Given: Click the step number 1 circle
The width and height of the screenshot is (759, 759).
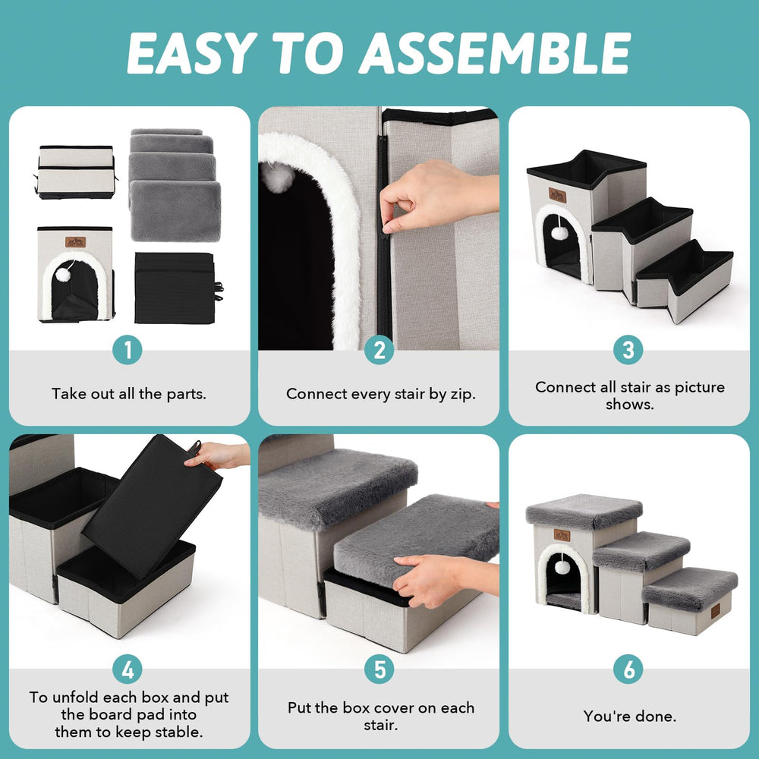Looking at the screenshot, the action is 128,350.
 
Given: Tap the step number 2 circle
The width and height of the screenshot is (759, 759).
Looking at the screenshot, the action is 379,350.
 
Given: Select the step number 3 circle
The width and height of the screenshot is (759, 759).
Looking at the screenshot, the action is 628,350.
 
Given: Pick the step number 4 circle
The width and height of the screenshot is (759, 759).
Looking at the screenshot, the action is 128,669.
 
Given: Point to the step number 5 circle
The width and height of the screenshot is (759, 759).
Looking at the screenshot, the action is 379,669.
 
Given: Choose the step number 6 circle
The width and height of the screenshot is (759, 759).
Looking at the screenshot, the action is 628,669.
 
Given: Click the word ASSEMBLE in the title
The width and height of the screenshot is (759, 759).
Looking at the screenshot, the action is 494,53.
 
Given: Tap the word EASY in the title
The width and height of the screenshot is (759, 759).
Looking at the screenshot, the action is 191,53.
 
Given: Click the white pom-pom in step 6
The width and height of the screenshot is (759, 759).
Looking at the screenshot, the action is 562,567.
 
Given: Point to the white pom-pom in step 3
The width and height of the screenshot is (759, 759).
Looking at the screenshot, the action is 559,233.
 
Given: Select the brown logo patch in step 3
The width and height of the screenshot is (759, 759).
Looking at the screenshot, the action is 558,195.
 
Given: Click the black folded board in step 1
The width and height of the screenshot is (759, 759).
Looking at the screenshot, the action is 175,288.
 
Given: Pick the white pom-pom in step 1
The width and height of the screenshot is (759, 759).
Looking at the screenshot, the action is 63,275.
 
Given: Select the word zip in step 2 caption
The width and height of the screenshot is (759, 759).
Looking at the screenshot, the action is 461,395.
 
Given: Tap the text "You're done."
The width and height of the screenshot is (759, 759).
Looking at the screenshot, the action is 629,716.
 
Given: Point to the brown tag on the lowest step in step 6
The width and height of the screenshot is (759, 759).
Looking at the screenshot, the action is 716,611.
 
